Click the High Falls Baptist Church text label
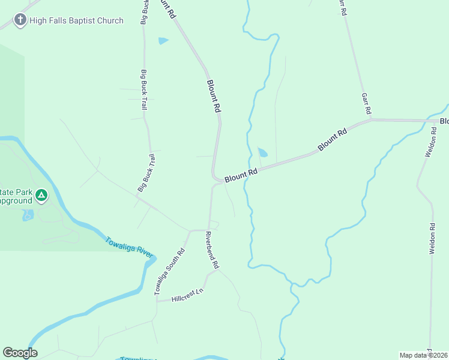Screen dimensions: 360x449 point(77,20)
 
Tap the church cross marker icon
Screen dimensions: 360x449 point(20,20)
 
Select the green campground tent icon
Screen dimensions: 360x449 point(41,195)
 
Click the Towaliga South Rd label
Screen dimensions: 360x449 point(169,271)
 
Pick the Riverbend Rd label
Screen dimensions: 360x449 point(212,250)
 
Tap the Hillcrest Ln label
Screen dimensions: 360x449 point(187,295)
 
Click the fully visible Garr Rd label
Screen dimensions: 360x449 point(366,104)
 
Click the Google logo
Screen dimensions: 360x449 point(20,353)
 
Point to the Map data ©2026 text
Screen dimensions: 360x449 point(423,355)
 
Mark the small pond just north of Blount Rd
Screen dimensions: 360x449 point(263,152)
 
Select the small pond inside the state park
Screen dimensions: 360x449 point(27,215)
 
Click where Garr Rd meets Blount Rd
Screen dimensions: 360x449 point(371,119)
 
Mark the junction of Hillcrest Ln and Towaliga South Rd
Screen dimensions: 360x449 point(157,301)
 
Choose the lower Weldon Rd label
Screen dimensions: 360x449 point(432,239)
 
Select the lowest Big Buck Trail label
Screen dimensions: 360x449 point(146,173)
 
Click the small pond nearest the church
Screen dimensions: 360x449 point(163,41)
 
